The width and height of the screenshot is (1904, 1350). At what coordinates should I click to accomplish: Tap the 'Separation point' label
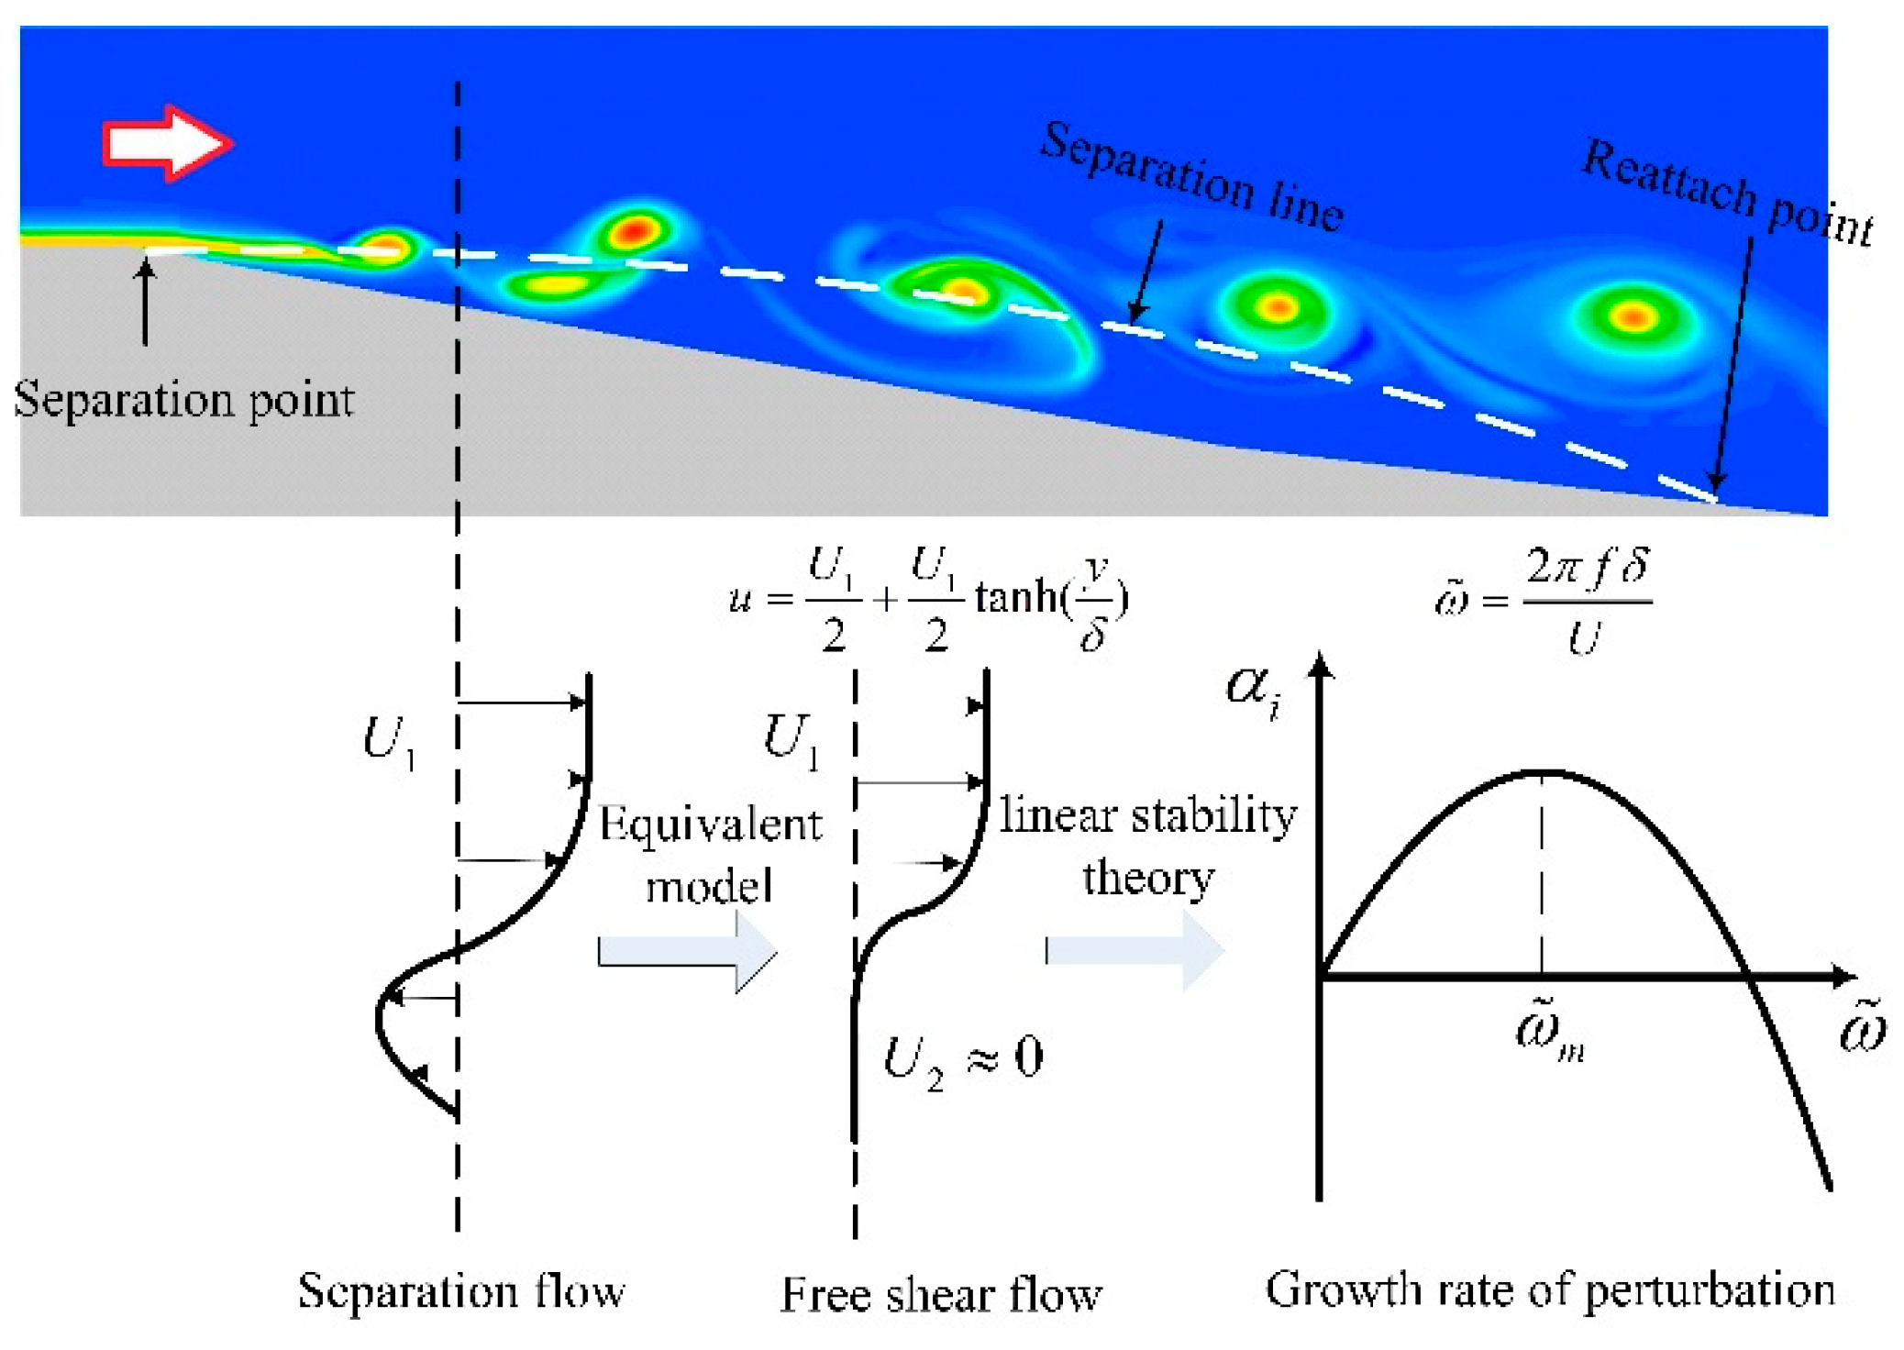click(x=184, y=400)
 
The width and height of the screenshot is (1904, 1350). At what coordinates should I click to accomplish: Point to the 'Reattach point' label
click(x=1728, y=194)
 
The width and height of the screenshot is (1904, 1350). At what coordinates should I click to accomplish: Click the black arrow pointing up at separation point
click(x=145, y=303)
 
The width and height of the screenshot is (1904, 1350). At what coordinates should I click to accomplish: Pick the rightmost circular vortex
click(x=1633, y=317)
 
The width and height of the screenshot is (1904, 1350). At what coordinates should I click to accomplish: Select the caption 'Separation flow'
click(x=461, y=1290)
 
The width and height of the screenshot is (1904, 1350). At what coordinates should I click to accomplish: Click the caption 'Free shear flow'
click(x=941, y=1294)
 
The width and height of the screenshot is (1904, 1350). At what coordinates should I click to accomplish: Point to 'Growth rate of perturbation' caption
click(x=1550, y=1289)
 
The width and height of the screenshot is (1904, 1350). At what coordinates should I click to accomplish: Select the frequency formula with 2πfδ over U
click(x=1546, y=602)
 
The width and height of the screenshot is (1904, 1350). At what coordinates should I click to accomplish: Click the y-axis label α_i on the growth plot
click(x=1253, y=689)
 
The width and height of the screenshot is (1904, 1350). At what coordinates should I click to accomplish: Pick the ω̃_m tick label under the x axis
click(x=1550, y=1032)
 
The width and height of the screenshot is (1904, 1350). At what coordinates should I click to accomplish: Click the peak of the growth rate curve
click(x=1543, y=772)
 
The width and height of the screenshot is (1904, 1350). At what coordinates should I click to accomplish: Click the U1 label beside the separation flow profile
click(x=389, y=741)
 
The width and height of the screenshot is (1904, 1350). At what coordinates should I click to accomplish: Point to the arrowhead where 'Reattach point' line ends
click(x=1716, y=482)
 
